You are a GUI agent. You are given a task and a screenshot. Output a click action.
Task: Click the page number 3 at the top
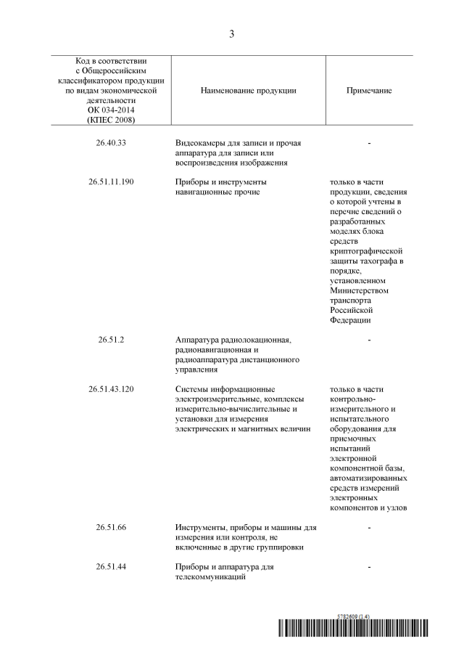(232, 34)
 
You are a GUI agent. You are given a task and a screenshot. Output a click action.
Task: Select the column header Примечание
(369, 91)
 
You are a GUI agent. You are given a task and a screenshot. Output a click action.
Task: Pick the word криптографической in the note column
(366, 250)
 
